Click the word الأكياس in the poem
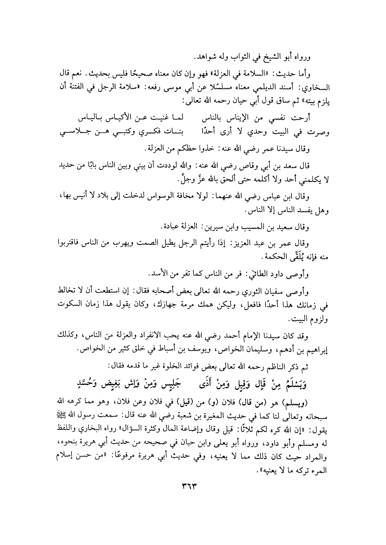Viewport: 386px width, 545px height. [x=141, y=118]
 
